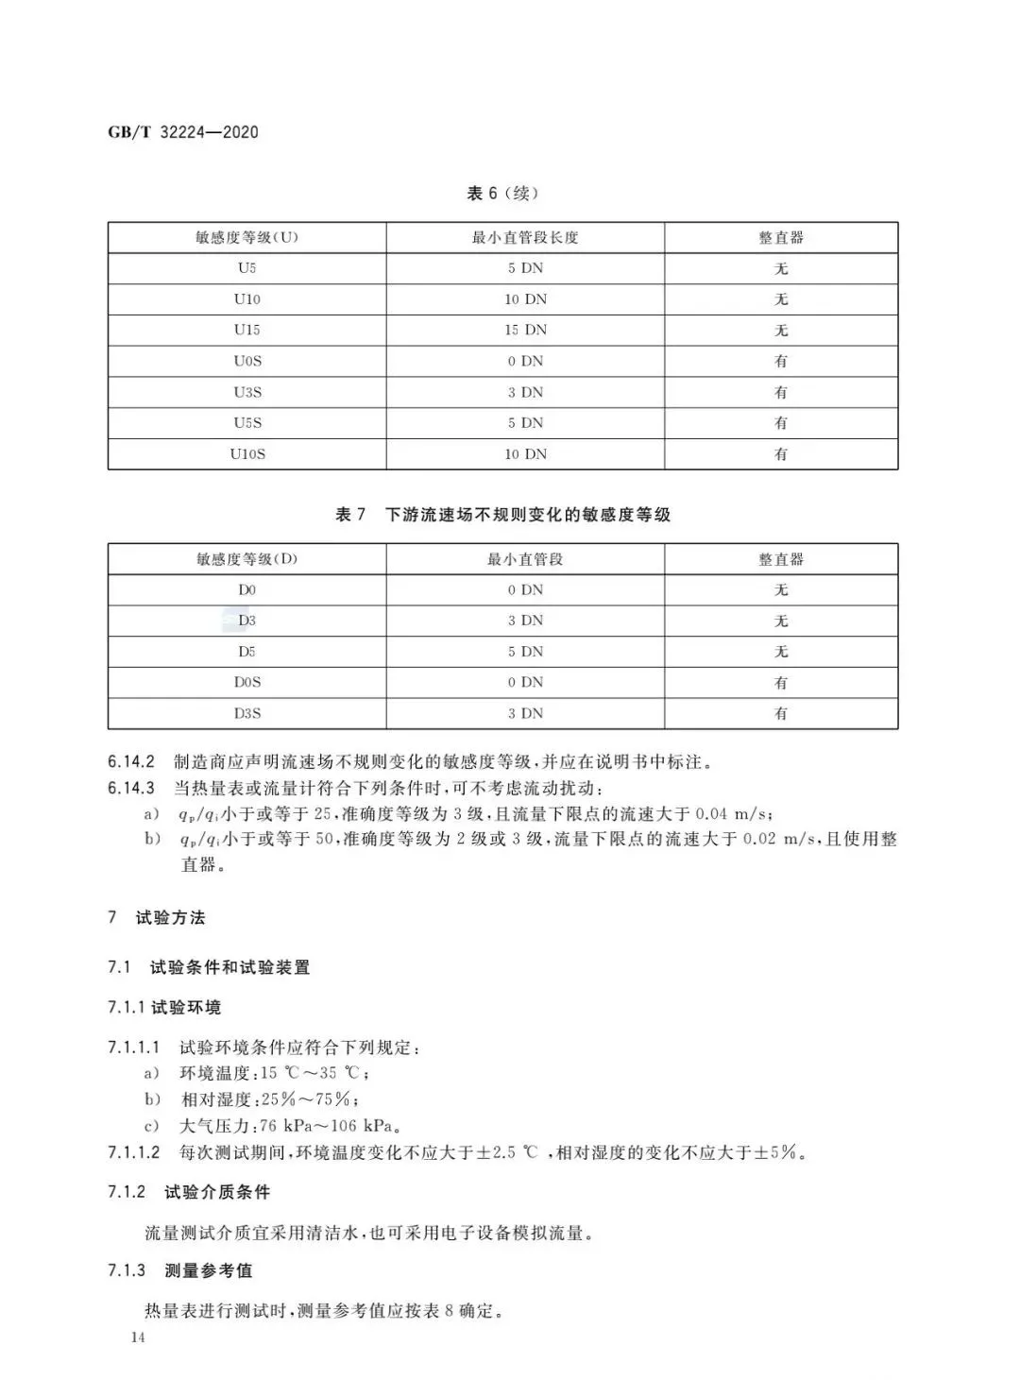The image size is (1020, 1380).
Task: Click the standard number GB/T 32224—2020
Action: pyautogui.click(x=182, y=132)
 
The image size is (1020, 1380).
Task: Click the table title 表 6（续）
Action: pyautogui.click(x=502, y=194)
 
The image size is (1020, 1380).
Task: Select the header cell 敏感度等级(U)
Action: pyautogui.click(x=246, y=237)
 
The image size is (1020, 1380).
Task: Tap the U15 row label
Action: pyautogui.click(x=246, y=330)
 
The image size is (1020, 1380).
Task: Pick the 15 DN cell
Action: pyautogui.click(x=525, y=330)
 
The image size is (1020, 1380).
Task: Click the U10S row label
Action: pyautogui.click(x=246, y=453)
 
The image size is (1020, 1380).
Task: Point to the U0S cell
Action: pyautogui.click(x=246, y=361)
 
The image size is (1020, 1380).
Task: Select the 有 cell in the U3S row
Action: pyautogui.click(x=780, y=392)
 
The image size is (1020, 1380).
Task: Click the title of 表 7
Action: pyautogui.click(x=502, y=515)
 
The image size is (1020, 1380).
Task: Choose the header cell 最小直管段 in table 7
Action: pyautogui.click(x=525, y=559)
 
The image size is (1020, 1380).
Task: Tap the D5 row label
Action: pyautogui.click(x=246, y=652)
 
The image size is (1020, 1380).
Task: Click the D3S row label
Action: pyautogui.click(x=246, y=713)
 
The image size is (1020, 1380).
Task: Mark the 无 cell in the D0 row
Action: pyautogui.click(x=780, y=590)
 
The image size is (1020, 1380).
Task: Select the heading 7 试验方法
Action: pyautogui.click(x=157, y=917)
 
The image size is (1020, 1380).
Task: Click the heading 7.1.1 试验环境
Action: pyautogui.click(x=163, y=1008)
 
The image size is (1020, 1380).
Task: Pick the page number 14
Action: pyautogui.click(x=139, y=1337)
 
